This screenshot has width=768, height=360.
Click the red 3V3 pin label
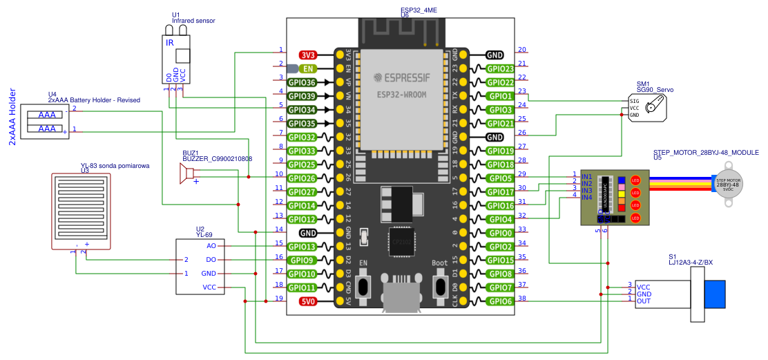click(308, 55)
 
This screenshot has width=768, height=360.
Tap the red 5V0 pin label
click(308, 301)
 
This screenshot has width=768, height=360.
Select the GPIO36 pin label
click(301, 82)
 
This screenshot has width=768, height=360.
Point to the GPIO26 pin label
click(301, 178)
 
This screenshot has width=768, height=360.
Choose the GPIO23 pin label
click(499, 68)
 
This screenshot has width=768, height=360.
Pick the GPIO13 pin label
click(301, 247)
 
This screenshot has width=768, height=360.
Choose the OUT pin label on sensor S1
click(644, 301)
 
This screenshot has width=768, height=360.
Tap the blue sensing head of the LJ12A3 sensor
click(715, 294)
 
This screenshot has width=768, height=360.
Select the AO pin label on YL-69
click(211, 246)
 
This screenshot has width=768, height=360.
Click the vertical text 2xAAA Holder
click(12, 117)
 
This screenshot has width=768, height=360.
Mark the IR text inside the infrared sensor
click(170, 43)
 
